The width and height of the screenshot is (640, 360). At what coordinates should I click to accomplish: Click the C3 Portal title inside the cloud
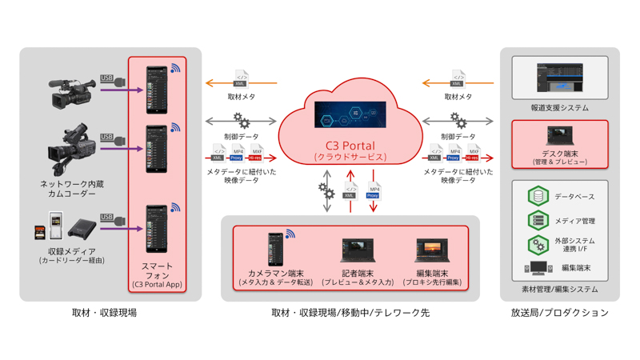coord(350,145)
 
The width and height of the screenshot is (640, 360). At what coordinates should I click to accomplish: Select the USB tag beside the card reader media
coord(107,217)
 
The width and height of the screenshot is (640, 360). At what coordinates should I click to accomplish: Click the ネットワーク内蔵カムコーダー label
coord(72,189)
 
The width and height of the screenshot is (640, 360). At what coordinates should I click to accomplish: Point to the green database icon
coord(538,196)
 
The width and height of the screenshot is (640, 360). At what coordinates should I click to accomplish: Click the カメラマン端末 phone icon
coord(276,248)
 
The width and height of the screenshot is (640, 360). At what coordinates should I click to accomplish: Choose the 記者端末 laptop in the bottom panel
coord(356,250)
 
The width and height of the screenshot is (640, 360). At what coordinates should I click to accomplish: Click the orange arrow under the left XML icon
coord(241,83)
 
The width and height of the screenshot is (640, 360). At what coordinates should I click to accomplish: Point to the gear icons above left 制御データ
coord(241,121)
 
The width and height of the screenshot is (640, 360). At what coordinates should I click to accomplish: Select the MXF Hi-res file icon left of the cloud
coord(257,153)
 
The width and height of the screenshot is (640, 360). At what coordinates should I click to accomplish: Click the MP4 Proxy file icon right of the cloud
coord(454,153)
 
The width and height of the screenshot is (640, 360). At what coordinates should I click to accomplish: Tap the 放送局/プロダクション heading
coord(559,313)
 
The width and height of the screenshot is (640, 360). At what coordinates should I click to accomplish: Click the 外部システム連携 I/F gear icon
coord(538,244)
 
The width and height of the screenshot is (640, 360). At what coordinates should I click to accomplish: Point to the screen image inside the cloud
coord(350,115)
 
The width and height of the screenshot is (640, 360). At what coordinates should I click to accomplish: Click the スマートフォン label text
coord(157,270)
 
